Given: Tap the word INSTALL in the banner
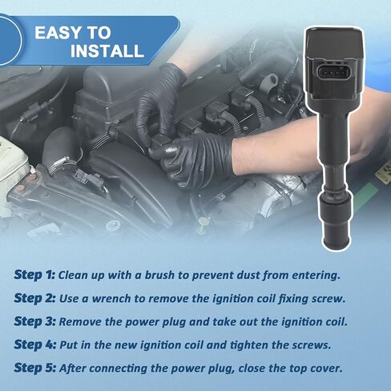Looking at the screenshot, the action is (107, 50).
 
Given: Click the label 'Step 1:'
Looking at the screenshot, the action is (34, 275).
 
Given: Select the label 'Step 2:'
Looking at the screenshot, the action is (34, 298).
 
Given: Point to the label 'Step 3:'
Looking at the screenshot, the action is (34, 321).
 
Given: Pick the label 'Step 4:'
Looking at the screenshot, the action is (35, 345).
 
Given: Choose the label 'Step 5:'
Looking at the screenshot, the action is (35, 368).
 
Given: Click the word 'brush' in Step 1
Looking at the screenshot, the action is (159, 275).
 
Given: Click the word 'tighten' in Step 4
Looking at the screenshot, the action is (249, 345).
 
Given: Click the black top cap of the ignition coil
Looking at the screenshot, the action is (335, 44).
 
